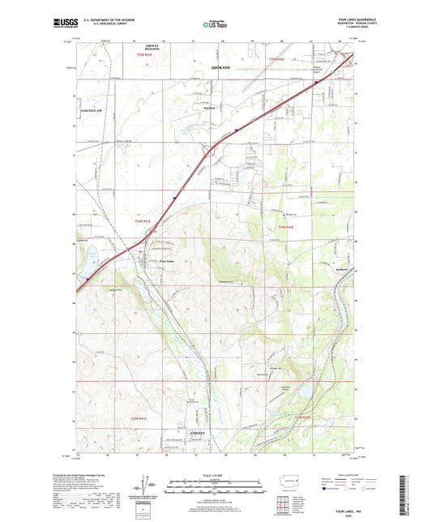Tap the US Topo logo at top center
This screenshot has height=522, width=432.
[x=215, y=25]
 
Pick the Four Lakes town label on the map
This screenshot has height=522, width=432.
[x=166, y=261]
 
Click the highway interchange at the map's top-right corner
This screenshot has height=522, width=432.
[x=350, y=58]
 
